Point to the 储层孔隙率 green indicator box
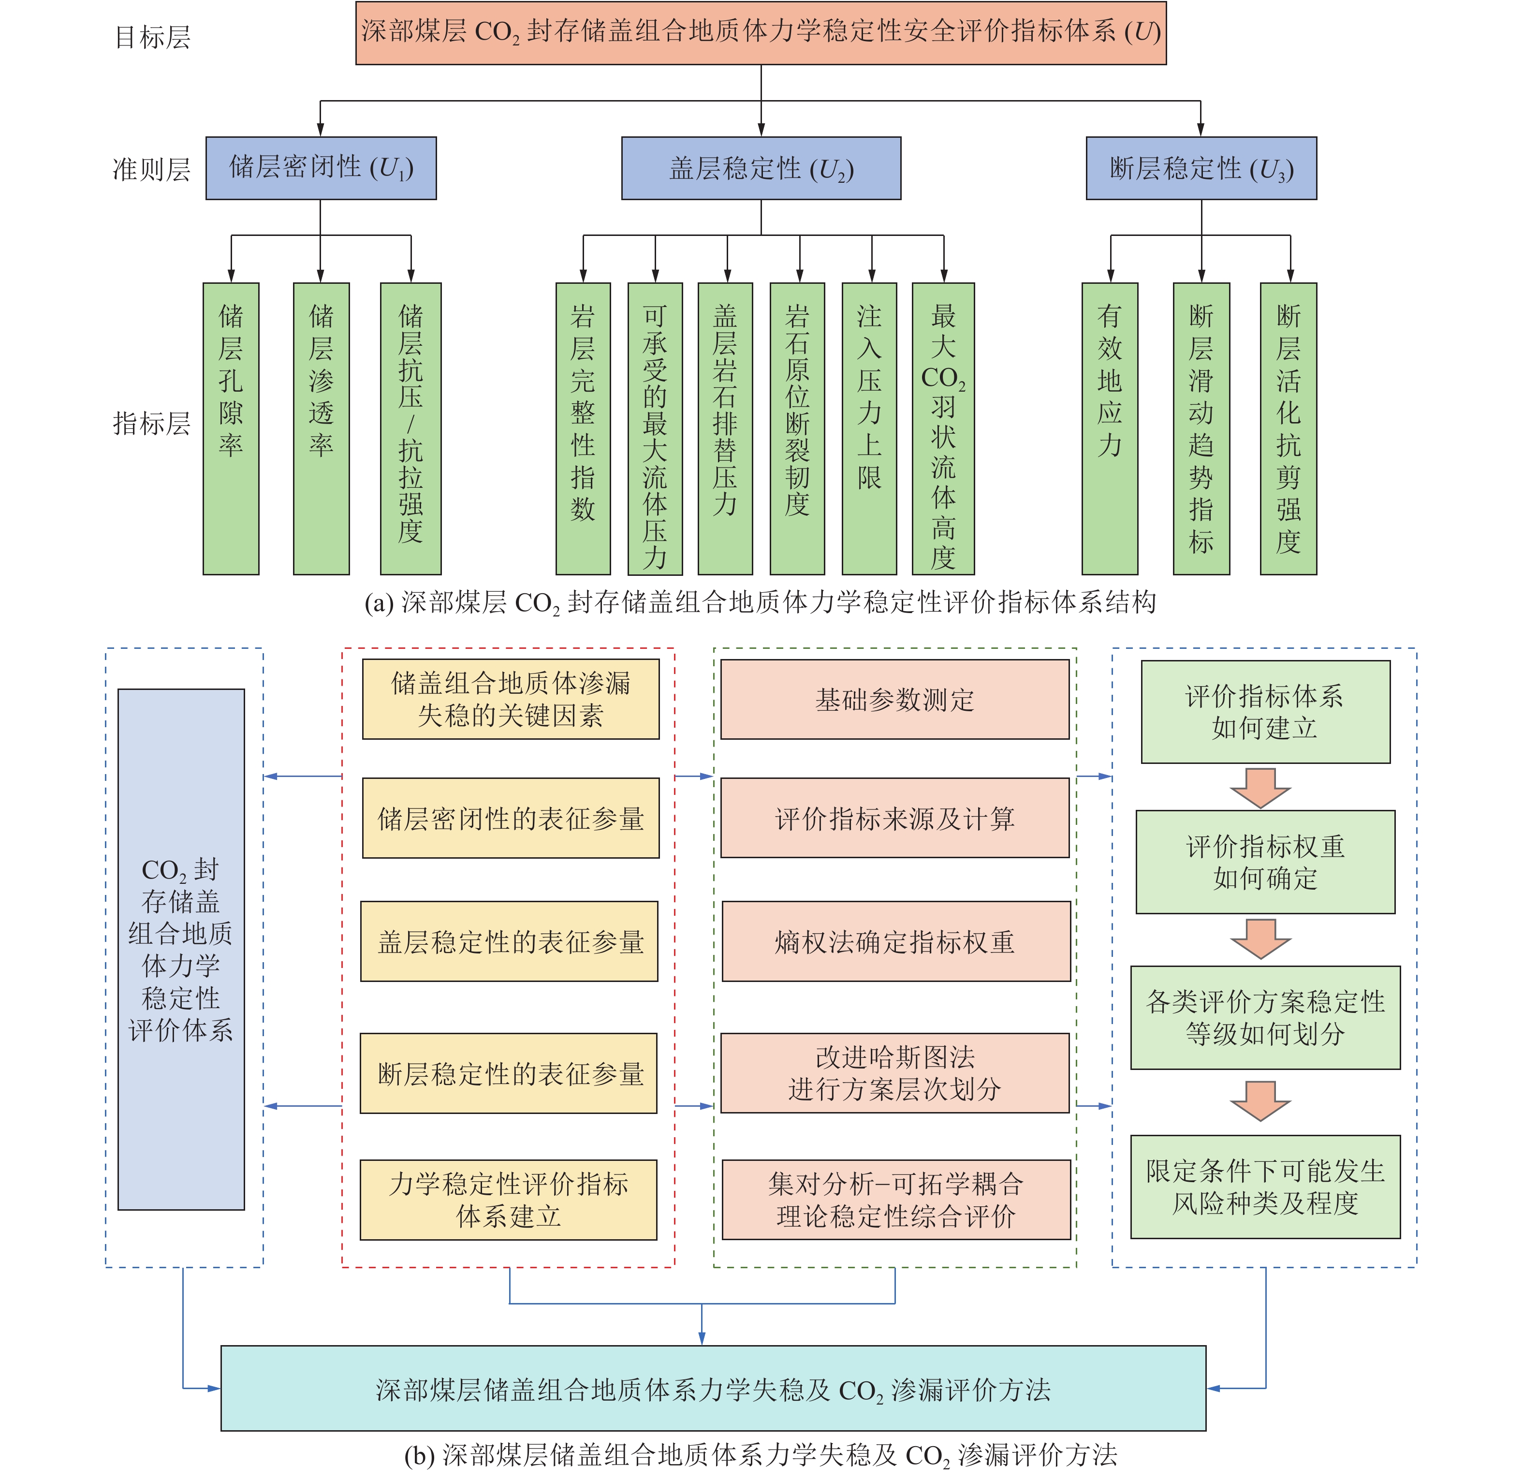click(231, 428)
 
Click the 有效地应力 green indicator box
click(1110, 428)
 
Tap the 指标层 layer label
click(152, 424)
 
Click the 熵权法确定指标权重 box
click(895, 941)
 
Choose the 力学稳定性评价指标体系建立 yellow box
click(509, 1200)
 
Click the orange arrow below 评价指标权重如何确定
click(1260, 939)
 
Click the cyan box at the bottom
click(713, 1388)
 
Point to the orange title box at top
click(761, 33)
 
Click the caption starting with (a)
click(761, 602)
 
